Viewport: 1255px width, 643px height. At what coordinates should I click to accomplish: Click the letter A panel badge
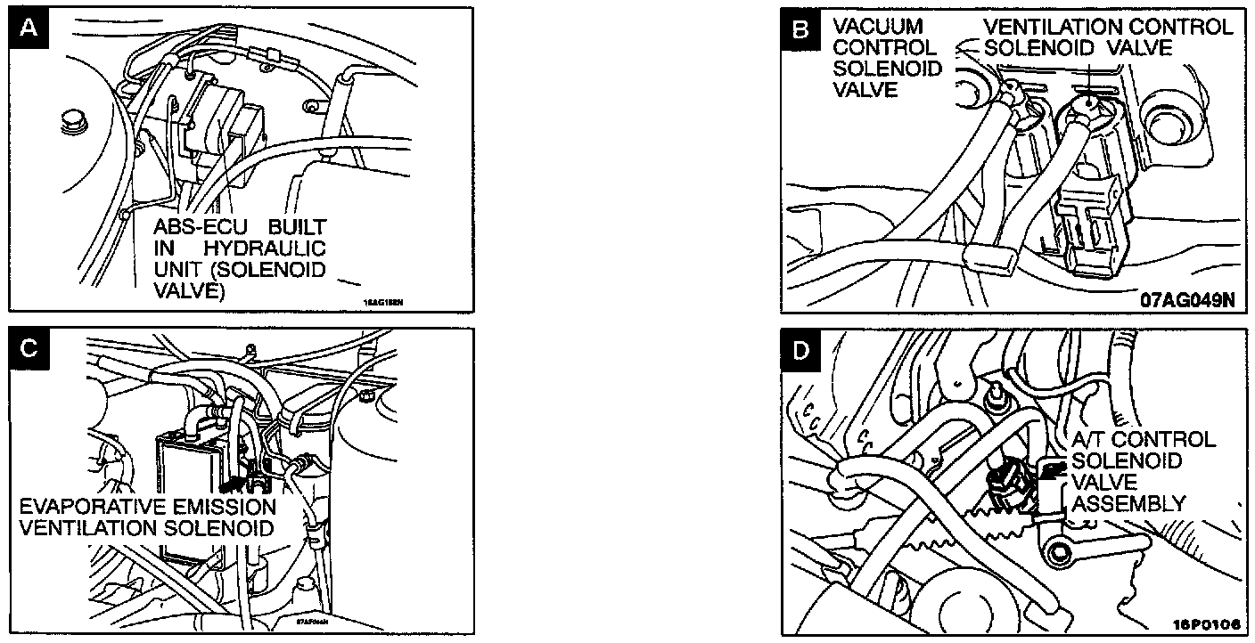point(29,29)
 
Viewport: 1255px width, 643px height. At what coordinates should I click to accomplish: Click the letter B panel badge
point(801,30)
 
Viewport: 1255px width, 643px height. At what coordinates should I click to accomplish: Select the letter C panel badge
point(29,348)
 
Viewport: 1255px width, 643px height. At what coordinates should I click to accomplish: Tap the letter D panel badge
point(801,350)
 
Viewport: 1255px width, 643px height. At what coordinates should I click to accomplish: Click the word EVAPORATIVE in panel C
point(84,507)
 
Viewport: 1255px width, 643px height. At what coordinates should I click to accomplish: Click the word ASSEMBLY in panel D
point(1128,504)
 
